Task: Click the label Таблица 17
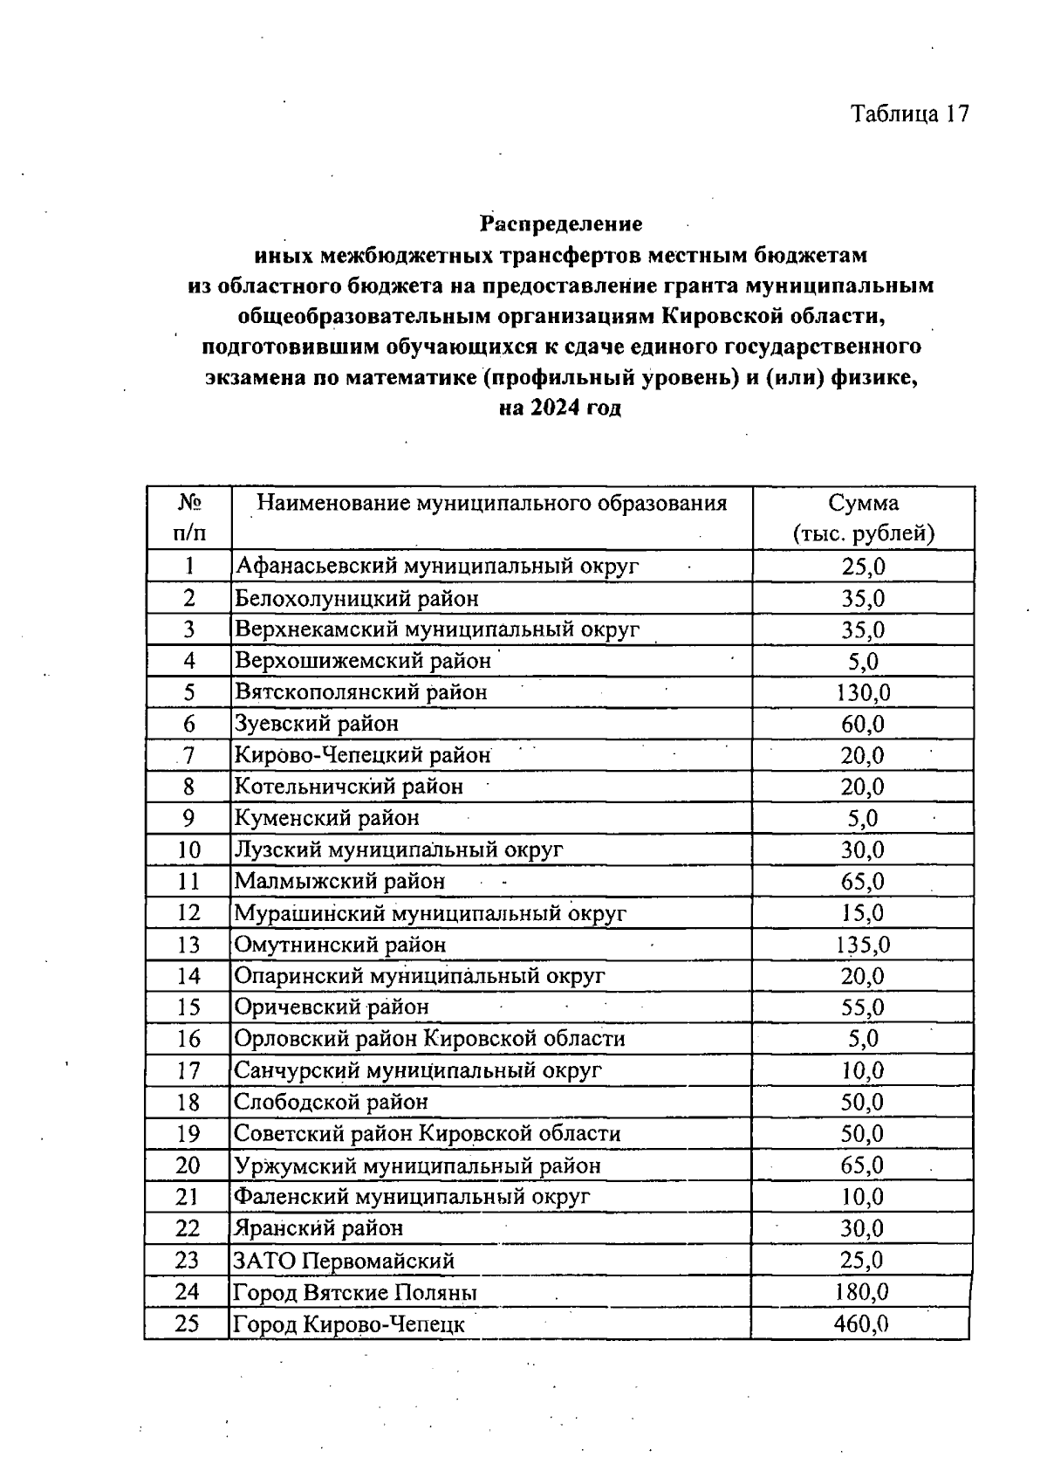coord(910,114)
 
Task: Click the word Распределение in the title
coord(561,224)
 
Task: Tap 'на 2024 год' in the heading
coord(560,408)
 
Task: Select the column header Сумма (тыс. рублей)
coord(863,518)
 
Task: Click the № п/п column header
coord(189,518)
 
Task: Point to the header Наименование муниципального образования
coord(491,504)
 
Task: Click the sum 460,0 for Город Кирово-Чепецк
coord(861,1323)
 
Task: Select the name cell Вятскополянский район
coord(360,692)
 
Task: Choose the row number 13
coord(188,945)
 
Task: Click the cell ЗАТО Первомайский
coord(344,1261)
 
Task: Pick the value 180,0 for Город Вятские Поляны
coord(861,1292)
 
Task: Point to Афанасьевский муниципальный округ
coord(437,566)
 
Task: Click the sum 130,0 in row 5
coord(863,692)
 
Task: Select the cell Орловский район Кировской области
coord(429,1039)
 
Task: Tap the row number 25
coord(188,1323)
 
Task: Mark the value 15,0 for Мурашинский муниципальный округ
coord(863,913)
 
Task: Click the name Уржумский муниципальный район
coord(417,1165)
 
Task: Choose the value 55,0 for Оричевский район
coord(863,1007)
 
